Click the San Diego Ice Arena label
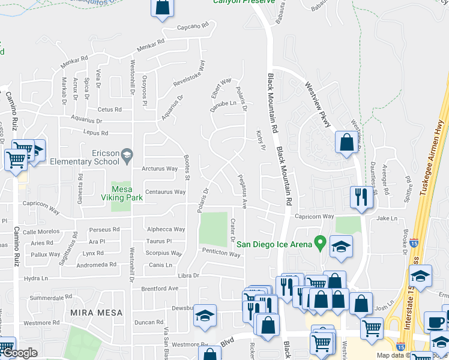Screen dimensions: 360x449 pos(274,244)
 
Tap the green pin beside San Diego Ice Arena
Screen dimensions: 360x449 pos(320,244)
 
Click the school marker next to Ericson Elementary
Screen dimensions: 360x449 pos(127,157)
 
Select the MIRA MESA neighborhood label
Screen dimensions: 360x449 pos(96,313)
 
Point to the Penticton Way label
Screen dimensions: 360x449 pos(221,254)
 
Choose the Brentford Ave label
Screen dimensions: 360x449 pos(160,288)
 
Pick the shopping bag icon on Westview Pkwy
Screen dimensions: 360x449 pos(346,143)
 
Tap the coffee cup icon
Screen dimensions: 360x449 pos(435,322)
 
